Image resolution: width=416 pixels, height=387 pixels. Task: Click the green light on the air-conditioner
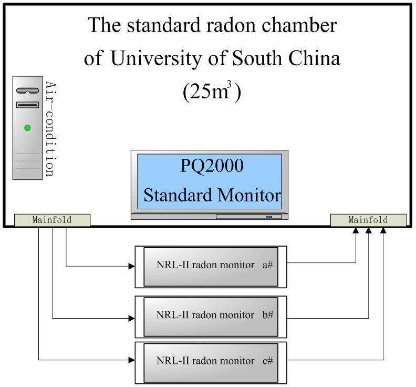tap(28, 128)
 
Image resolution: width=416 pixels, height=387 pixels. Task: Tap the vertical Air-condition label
tap(50, 129)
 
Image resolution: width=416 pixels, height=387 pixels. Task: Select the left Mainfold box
tap(52, 220)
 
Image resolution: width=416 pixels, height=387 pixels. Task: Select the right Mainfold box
tap(368, 220)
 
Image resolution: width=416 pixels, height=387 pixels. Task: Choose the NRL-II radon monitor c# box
tap(211, 362)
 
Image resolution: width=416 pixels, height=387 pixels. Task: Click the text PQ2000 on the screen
tap(212, 166)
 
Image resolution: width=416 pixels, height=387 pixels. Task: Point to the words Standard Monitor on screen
tap(212, 195)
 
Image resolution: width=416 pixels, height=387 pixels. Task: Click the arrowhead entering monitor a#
tap(131, 267)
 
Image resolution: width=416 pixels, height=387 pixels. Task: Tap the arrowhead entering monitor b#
tap(131, 318)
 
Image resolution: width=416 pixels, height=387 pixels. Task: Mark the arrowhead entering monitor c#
tap(131, 360)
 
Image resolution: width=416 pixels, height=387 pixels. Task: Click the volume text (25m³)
tap(212, 92)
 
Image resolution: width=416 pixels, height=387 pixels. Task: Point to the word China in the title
tap(313, 58)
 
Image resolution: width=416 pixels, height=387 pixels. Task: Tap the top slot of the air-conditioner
tap(27, 91)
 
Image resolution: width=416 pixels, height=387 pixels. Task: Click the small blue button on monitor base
tap(269, 217)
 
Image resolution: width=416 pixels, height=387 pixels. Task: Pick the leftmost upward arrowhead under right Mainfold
tap(357, 231)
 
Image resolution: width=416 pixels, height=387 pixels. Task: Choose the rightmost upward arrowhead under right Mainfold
tap(383, 231)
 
